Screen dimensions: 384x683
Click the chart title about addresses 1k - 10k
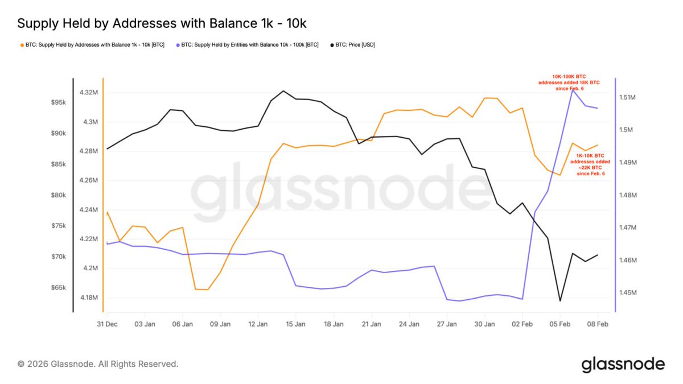(x=163, y=24)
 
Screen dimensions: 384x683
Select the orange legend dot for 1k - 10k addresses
(x=22, y=44)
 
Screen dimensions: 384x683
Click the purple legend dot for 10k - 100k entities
(x=178, y=44)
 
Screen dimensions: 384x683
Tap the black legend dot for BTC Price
(x=332, y=44)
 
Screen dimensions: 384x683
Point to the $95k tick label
(x=59, y=102)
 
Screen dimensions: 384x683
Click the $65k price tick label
(x=59, y=288)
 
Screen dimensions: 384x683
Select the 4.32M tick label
(x=88, y=92)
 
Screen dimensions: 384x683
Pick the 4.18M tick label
(x=88, y=298)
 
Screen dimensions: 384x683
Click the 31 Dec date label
(x=107, y=324)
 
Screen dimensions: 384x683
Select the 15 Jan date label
(x=296, y=324)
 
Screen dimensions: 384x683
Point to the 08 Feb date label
(x=597, y=324)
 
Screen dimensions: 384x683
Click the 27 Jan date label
(x=447, y=324)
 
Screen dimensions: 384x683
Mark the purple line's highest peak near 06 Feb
(x=573, y=90)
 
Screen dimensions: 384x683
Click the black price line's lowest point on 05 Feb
(x=560, y=301)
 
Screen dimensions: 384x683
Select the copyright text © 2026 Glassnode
(x=98, y=364)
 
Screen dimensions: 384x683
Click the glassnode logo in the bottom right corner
(x=623, y=364)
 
